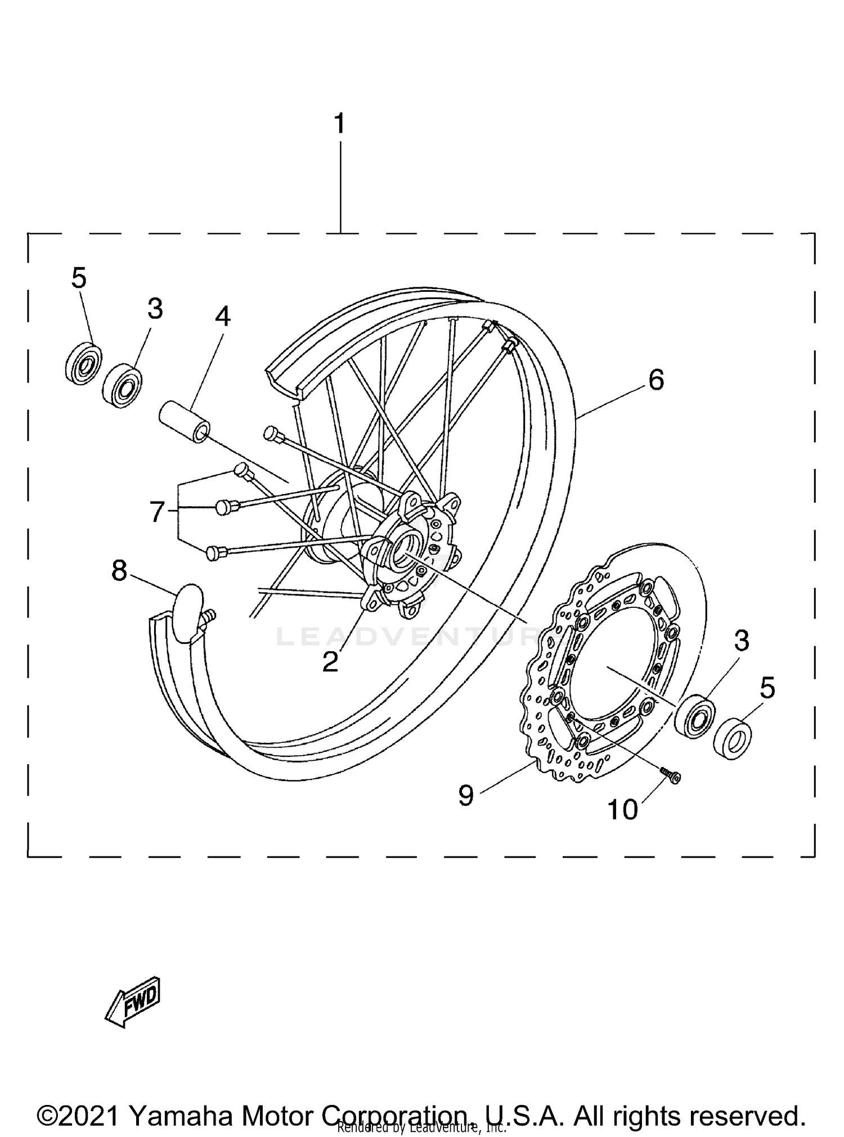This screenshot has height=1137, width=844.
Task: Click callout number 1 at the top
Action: pyautogui.click(x=339, y=124)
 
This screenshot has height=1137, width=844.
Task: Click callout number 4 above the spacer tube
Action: pyautogui.click(x=223, y=317)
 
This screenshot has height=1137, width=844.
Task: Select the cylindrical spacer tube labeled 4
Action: pyautogui.click(x=183, y=422)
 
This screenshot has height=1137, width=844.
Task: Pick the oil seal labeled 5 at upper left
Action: pyautogui.click(x=83, y=363)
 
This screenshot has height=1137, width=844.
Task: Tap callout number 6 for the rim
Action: pyautogui.click(x=656, y=381)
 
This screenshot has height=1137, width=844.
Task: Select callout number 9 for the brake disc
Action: pyautogui.click(x=466, y=796)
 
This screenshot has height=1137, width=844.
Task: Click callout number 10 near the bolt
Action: pyautogui.click(x=622, y=810)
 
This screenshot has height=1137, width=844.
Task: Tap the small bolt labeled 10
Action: pyautogui.click(x=670, y=775)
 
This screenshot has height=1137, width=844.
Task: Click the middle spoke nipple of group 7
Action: pyautogui.click(x=224, y=508)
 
